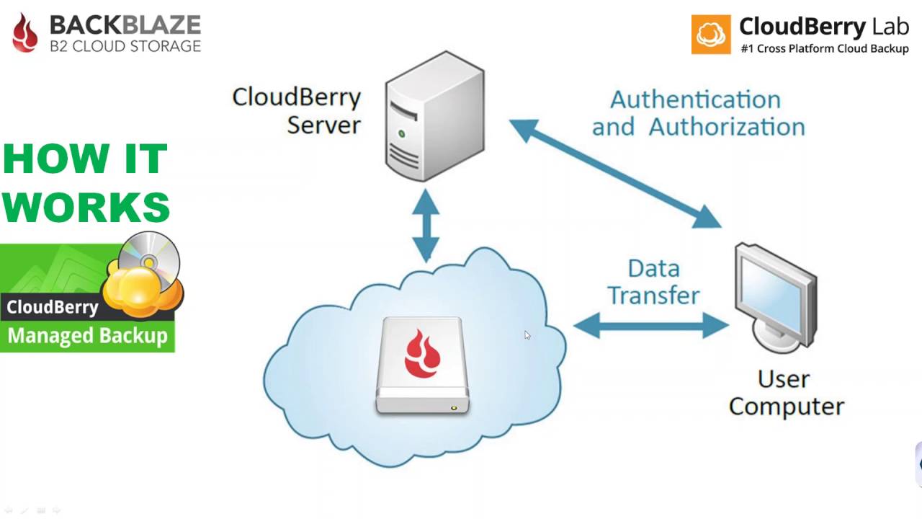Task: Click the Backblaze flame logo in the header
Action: pos(25,33)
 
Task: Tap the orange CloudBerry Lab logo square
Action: pos(711,34)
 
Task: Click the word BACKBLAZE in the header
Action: pos(125,25)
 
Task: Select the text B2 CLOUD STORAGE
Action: pos(125,46)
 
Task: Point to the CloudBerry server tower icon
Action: pos(434,115)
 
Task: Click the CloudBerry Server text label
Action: pos(297,110)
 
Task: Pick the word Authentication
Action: pos(695,99)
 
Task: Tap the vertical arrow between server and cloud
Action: pos(426,225)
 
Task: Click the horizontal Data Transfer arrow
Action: pos(652,326)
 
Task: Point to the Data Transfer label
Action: pos(653,282)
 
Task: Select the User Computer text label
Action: pos(786,392)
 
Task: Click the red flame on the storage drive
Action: pos(422,354)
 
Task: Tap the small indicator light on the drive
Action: pos(454,408)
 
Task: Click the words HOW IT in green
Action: pos(85,159)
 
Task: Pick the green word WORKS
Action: pos(86,207)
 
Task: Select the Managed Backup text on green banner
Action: pos(87,336)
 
